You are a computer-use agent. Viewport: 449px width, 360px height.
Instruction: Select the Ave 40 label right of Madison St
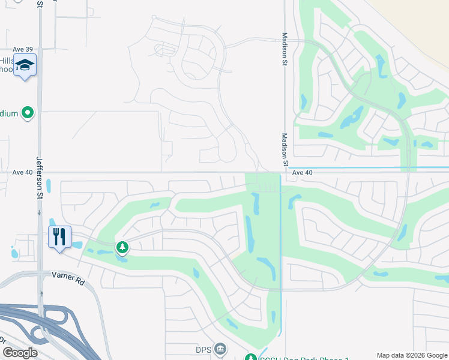303,172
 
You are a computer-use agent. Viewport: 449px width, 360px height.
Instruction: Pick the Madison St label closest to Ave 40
286,150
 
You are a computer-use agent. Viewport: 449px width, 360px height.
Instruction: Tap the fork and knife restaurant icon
59,236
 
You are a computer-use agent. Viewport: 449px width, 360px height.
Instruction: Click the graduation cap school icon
25,65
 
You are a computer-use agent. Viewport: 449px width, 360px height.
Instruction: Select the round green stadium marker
27,112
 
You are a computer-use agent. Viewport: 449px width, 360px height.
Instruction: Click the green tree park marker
122,247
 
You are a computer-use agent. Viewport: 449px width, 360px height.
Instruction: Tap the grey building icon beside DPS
220,349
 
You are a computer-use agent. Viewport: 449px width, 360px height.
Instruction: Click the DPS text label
204,349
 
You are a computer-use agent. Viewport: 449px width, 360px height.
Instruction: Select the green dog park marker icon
253,357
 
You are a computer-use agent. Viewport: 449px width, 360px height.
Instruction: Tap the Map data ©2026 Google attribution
412,355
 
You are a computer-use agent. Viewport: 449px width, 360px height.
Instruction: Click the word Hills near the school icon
7,61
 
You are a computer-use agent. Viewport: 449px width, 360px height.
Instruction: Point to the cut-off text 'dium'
8,112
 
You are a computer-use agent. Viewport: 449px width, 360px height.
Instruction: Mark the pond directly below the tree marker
122,259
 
